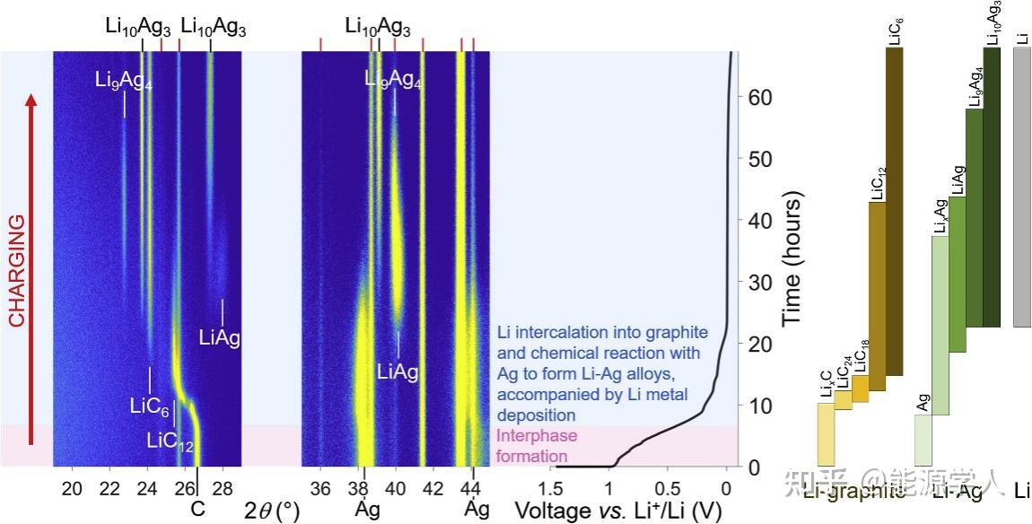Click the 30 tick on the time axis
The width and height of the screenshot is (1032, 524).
coord(761,282)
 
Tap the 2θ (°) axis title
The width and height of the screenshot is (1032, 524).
coord(272,511)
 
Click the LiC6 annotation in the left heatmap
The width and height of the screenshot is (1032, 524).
coord(149,406)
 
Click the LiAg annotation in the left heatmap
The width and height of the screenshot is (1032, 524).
coord(219,337)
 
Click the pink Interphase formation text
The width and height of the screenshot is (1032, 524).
coord(533,447)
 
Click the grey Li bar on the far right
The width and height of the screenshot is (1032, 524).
coord(1021,188)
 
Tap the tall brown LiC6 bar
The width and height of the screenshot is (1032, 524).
coord(894,211)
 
